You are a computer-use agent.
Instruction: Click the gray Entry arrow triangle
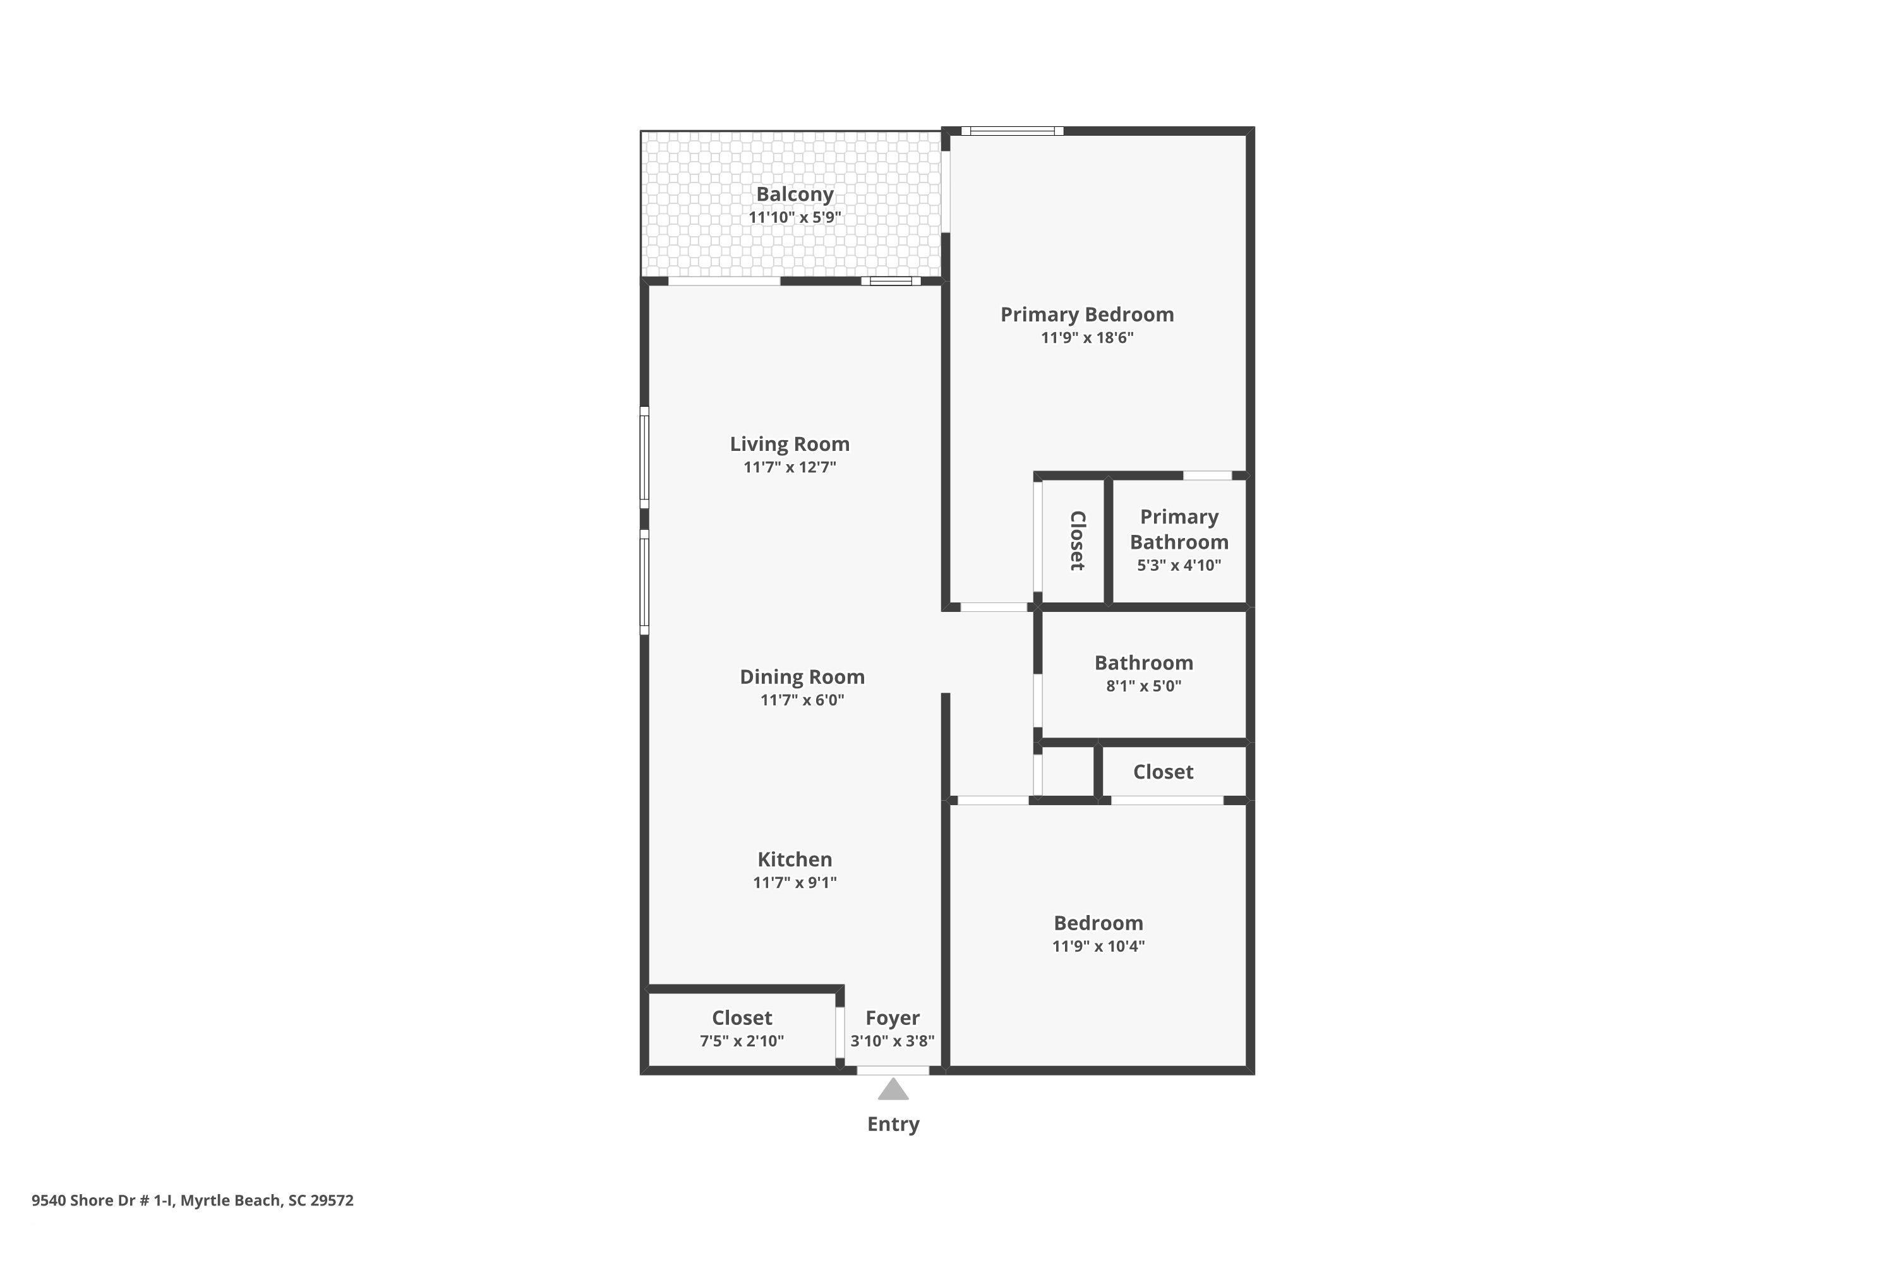tap(893, 1090)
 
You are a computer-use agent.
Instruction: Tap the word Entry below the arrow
tap(893, 1125)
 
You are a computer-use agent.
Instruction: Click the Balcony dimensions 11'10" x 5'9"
tap(795, 217)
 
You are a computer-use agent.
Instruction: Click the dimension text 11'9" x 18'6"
tap(1087, 337)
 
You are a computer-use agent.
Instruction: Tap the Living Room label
tap(790, 445)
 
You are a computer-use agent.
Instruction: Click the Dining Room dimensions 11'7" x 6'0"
tap(802, 700)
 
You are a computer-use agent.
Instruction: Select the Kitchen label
tap(795, 859)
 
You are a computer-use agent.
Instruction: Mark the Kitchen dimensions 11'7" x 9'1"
tap(795, 883)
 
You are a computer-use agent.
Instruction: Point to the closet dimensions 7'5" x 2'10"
tap(742, 1041)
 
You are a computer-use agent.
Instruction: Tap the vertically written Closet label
tap(1077, 541)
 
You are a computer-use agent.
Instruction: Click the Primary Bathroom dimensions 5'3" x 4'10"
tap(1179, 565)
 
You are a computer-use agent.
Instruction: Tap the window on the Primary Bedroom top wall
tap(1012, 131)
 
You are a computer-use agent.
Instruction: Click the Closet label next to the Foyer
tap(742, 1018)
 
